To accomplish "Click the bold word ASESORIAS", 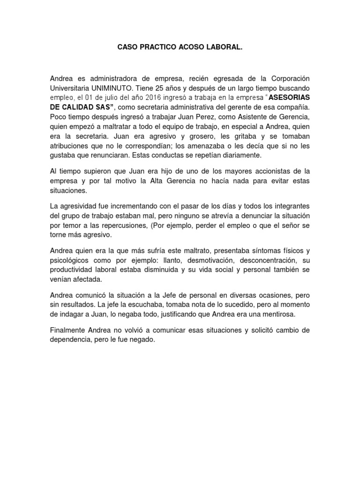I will [x=290, y=97].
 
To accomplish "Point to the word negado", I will [x=141, y=340].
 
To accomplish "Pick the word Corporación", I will [x=286, y=78].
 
